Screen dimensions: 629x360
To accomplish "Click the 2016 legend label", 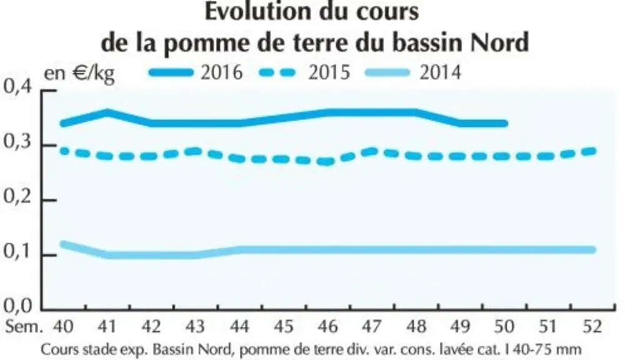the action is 222,72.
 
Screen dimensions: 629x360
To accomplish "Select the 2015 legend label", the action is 329,72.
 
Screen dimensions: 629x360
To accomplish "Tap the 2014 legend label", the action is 440,72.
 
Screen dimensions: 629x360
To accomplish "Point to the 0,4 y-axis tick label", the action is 17,87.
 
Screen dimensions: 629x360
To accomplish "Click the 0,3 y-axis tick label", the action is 17,142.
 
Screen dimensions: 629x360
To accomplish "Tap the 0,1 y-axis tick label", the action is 17,252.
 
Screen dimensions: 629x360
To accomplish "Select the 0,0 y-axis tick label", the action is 17,306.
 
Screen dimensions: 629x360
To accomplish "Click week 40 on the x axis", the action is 63,327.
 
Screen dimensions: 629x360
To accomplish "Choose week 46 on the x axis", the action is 328,327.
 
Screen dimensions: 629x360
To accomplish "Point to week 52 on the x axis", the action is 592,327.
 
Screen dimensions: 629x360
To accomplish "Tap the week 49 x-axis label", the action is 460,327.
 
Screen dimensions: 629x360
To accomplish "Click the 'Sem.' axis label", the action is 23,327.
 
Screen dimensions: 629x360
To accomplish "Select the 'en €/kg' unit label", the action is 79,74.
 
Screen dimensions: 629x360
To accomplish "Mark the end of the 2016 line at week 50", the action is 505,124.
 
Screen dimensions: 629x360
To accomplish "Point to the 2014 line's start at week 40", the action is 63,244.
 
